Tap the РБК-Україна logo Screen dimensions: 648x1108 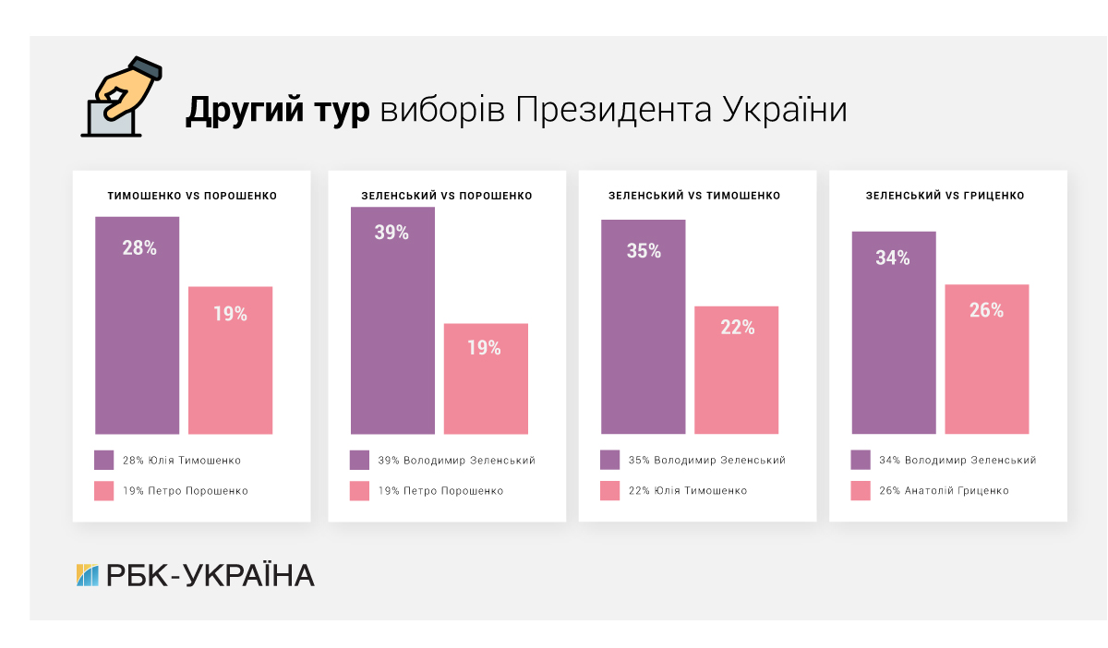click(x=195, y=575)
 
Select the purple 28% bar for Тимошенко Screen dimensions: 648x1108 click(x=137, y=325)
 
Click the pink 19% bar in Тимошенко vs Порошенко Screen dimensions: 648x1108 click(x=230, y=360)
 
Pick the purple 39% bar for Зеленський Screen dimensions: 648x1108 click(x=392, y=320)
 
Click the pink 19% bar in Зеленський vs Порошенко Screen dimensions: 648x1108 click(x=486, y=378)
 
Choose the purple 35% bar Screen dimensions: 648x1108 click(x=643, y=327)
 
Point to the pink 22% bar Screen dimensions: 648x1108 click(x=736, y=369)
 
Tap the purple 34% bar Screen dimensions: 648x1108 click(x=893, y=332)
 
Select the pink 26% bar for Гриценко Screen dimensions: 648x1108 click(x=986, y=359)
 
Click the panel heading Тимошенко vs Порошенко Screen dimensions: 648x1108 click(x=192, y=196)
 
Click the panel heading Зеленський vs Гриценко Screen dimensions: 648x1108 click(x=945, y=196)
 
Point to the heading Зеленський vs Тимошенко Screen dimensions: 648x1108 click(x=694, y=196)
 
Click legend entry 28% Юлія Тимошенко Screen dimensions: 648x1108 click(x=181, y=461)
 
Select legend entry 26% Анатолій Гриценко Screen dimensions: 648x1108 click(x=943, y=491)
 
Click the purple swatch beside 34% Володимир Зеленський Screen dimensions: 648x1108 click(x=861, y=461)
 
